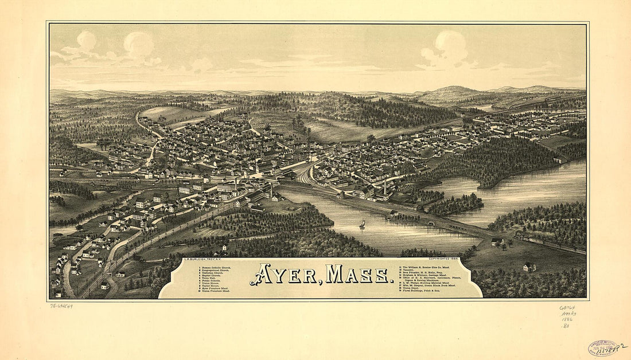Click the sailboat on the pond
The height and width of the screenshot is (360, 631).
362,224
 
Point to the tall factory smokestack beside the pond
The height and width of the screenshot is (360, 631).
385,187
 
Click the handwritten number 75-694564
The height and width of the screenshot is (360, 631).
61,306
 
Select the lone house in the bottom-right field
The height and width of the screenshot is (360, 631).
529,267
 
